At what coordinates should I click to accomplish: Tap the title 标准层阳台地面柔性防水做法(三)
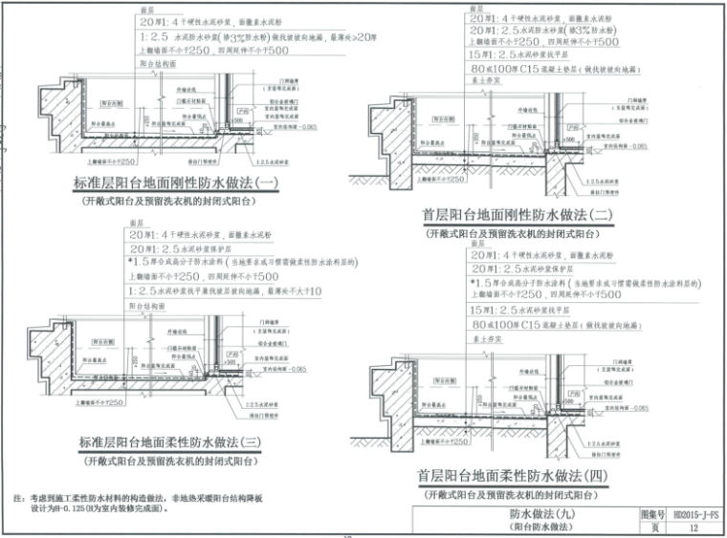(x=177, y=443)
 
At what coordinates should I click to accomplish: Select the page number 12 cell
(x=694, y=527)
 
